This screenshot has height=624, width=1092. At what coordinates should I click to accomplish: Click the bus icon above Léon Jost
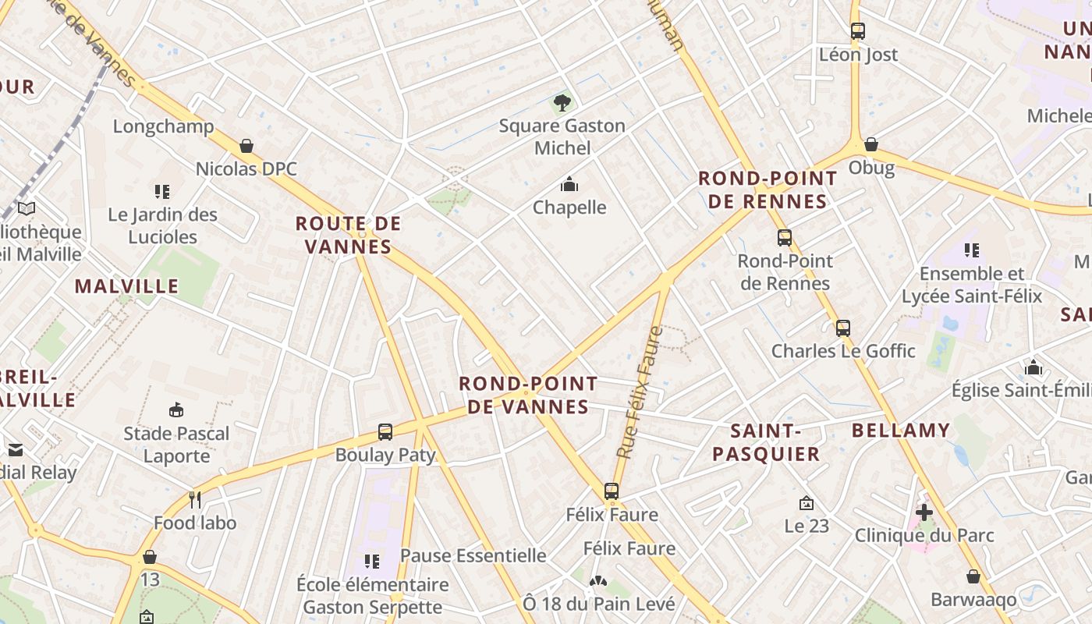pos(857,31)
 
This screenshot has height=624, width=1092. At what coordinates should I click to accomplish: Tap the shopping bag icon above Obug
pos(871,144)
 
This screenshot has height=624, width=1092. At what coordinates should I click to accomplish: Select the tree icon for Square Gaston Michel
pos(562,102)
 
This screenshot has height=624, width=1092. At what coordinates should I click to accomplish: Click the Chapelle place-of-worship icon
pos(569,185)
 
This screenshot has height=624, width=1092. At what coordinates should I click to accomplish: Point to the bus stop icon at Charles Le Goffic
pos(842,328)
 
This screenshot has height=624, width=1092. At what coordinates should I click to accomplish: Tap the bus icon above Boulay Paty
pos(385,431)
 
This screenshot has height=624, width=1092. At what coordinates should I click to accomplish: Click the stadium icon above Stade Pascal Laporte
pos(176,410)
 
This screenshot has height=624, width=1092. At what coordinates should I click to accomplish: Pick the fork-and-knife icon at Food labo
pos(195,500)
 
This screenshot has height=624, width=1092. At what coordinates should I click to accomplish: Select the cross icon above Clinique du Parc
pos(924,512)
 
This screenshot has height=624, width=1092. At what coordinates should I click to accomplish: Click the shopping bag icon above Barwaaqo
pos(973,576)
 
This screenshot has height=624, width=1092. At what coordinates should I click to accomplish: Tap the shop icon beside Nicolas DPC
pos(246,146)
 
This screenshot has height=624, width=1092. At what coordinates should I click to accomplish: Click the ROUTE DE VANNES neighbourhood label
pos(348,236)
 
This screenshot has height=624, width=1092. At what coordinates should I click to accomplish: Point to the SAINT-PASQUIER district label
pos(766,442)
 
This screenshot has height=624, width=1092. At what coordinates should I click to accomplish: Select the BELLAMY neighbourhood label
pos(901,431)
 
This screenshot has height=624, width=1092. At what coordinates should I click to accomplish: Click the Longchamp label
pos(163,126)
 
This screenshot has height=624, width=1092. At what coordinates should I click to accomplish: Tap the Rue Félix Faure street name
pos(639,392)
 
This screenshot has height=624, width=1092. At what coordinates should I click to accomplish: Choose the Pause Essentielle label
pos(473,555)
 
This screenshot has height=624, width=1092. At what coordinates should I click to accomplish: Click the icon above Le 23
pos(807,504)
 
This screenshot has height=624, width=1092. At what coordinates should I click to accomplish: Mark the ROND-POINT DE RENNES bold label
pos(768,190)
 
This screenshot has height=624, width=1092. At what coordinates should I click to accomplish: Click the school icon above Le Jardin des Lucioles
pos(162,192)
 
